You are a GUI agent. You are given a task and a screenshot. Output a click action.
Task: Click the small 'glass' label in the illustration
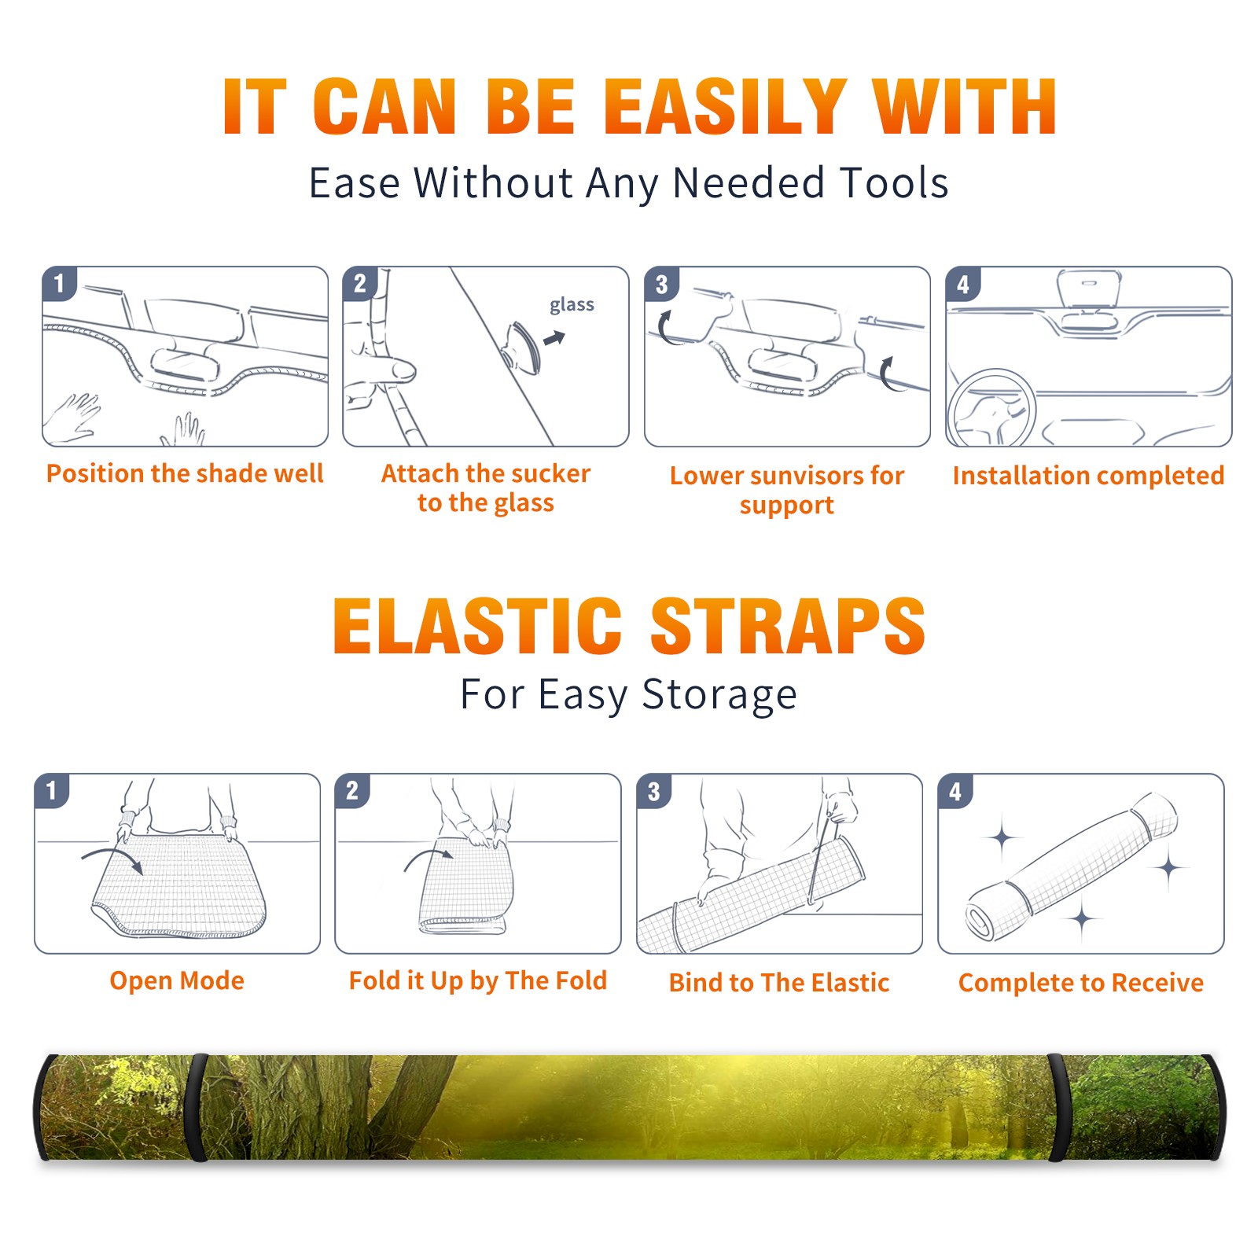(572, 305)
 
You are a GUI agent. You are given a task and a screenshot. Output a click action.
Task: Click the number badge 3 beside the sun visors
(661, 284)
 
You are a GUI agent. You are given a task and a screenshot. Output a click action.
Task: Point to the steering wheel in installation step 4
(991, 409)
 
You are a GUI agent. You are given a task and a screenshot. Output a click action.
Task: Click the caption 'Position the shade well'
(185, 473)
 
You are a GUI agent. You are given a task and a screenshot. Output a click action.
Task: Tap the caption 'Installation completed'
(1088, 476)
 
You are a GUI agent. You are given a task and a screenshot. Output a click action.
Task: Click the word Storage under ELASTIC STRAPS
(719, 696)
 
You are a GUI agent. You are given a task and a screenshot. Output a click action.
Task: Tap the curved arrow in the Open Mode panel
(112, 859)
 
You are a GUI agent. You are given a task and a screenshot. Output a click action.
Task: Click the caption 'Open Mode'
(177, 980)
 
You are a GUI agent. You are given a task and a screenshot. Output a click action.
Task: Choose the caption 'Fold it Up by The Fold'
(478, 981)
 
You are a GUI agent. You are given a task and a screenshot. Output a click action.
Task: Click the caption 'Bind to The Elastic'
(779, 983)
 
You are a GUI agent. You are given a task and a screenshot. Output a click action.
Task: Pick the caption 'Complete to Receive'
(1081, 983)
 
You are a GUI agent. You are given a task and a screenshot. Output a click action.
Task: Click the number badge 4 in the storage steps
(955, 791)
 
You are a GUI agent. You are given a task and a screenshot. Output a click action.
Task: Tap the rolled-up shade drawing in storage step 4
(1072, 866)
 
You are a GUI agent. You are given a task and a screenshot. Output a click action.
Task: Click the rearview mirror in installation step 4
(1088, 290)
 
